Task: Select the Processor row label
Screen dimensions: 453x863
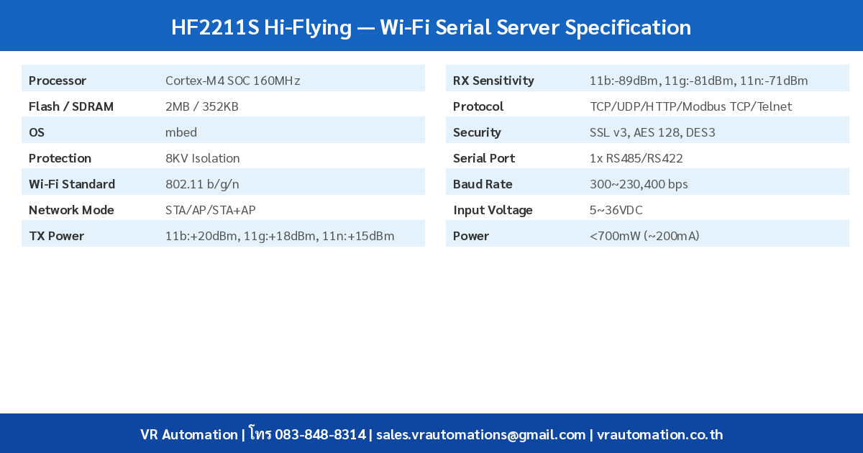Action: pos(58,81)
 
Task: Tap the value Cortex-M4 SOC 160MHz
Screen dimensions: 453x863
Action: pos(232,81)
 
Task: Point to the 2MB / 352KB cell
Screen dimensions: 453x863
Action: pos(201,106)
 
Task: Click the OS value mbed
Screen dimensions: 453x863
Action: pos(181,132)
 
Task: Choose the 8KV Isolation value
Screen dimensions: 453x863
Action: pos(202,158)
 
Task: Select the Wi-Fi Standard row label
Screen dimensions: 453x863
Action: pos(72,184)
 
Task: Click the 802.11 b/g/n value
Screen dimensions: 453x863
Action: pos(202,184)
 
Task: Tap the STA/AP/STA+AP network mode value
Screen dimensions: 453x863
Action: pos(210,210)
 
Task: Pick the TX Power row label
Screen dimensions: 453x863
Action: pos(56,236)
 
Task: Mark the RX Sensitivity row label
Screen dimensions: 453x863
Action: pos(493,81)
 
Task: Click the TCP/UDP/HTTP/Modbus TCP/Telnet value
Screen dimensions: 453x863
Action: pos(690,106)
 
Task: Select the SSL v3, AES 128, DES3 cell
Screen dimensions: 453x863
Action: pos(652,132)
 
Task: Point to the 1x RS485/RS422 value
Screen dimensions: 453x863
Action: pos(636,158)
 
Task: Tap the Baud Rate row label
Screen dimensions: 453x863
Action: pos(483,184)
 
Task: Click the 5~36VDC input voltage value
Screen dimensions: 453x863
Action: pos(616,210)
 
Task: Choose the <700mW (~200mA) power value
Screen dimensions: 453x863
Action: pos(644,236)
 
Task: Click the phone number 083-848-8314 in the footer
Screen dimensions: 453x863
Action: pos(320,434)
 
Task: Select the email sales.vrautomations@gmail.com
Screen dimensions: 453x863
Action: pos(480,434)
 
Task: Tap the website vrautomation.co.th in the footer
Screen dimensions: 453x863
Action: pos(659,434)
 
